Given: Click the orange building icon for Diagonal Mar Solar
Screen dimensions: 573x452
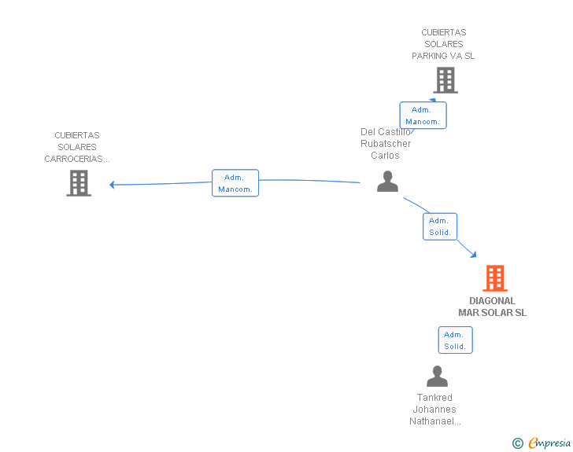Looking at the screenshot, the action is coord(495,277).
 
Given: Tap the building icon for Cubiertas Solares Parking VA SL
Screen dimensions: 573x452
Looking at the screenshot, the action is coord(445,80).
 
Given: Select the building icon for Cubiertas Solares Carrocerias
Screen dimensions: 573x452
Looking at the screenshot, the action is coord(79,183).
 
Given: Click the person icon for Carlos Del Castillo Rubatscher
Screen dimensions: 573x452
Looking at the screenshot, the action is coord(387,181).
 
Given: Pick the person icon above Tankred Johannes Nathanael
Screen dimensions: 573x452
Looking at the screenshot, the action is coord(437,376).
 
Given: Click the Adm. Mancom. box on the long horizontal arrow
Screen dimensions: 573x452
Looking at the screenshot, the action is coord(235,183).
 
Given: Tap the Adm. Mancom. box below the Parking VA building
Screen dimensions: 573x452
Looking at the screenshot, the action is coord(423,116).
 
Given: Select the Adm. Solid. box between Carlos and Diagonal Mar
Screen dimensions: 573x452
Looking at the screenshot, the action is coord(440,226).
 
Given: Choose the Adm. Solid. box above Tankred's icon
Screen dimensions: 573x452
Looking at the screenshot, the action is coord(455,340).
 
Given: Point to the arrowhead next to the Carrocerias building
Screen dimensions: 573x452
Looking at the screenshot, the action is coord(112,185).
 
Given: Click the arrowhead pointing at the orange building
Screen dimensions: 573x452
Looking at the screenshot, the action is coord(474,255).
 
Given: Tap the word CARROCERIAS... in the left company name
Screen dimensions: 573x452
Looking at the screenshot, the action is coord(77,159).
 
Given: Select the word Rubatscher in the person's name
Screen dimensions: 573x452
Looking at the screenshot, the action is coord(386,144).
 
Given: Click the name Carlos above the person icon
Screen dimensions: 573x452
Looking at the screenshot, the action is coord(385,155).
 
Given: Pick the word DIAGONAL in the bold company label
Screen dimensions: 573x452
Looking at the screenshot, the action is coord(492,301).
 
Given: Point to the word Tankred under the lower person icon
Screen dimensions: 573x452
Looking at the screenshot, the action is coord(434,397).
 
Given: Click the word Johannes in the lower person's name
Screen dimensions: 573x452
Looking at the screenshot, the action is coord(434,410).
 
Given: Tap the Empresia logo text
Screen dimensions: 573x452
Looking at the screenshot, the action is coord(549,443).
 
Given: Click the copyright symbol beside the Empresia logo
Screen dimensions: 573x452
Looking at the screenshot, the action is coord(518,443).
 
